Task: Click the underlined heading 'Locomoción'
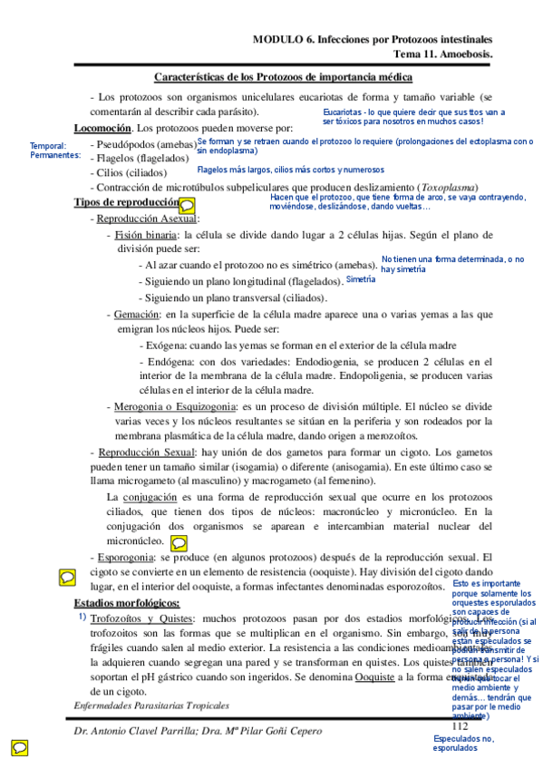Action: (102, 128)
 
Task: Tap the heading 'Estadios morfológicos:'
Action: (126, 603)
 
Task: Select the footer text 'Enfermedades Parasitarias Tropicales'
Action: (151, 705)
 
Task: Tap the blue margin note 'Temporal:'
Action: (48, 146)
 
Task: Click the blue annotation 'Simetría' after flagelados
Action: (361, 279)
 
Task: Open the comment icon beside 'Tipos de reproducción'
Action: (186, 205)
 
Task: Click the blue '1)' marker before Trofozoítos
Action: (82, 617)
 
